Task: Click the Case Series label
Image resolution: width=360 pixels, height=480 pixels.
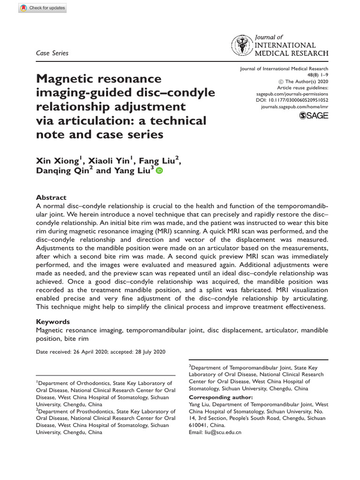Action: (x=52, y=53)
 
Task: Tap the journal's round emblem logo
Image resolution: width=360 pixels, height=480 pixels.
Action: (x=242, y=46)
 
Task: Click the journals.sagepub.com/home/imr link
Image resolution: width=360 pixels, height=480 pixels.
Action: (x=294, y=107)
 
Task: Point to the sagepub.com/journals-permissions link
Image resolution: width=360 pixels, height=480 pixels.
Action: (x=289, y=94)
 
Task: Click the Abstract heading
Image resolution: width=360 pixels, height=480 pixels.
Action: (x=51, y=198)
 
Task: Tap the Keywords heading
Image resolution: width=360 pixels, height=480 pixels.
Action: (x=53, y=322)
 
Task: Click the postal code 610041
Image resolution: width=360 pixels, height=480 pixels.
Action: (x=199, y=425)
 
